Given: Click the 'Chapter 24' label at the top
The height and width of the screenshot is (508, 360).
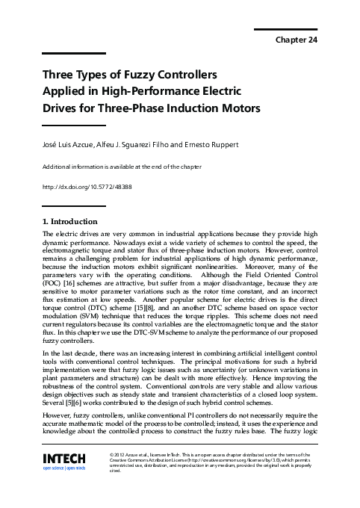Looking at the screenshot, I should [297, 40].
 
